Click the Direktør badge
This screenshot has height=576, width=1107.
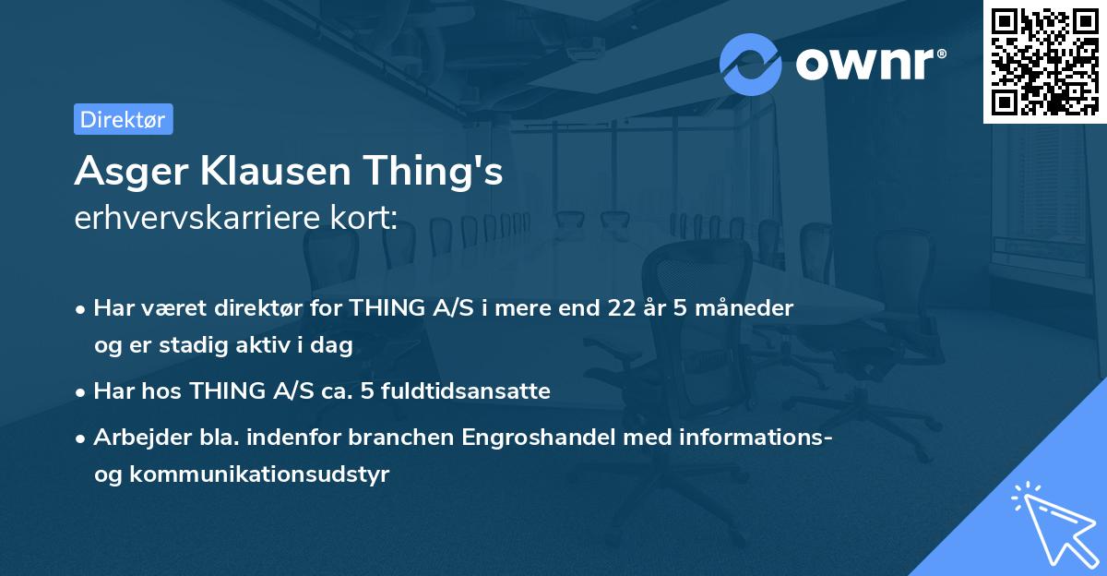123,119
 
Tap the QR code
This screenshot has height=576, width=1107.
1044,61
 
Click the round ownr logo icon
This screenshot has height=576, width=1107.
751,64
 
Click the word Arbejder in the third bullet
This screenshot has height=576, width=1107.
134,438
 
